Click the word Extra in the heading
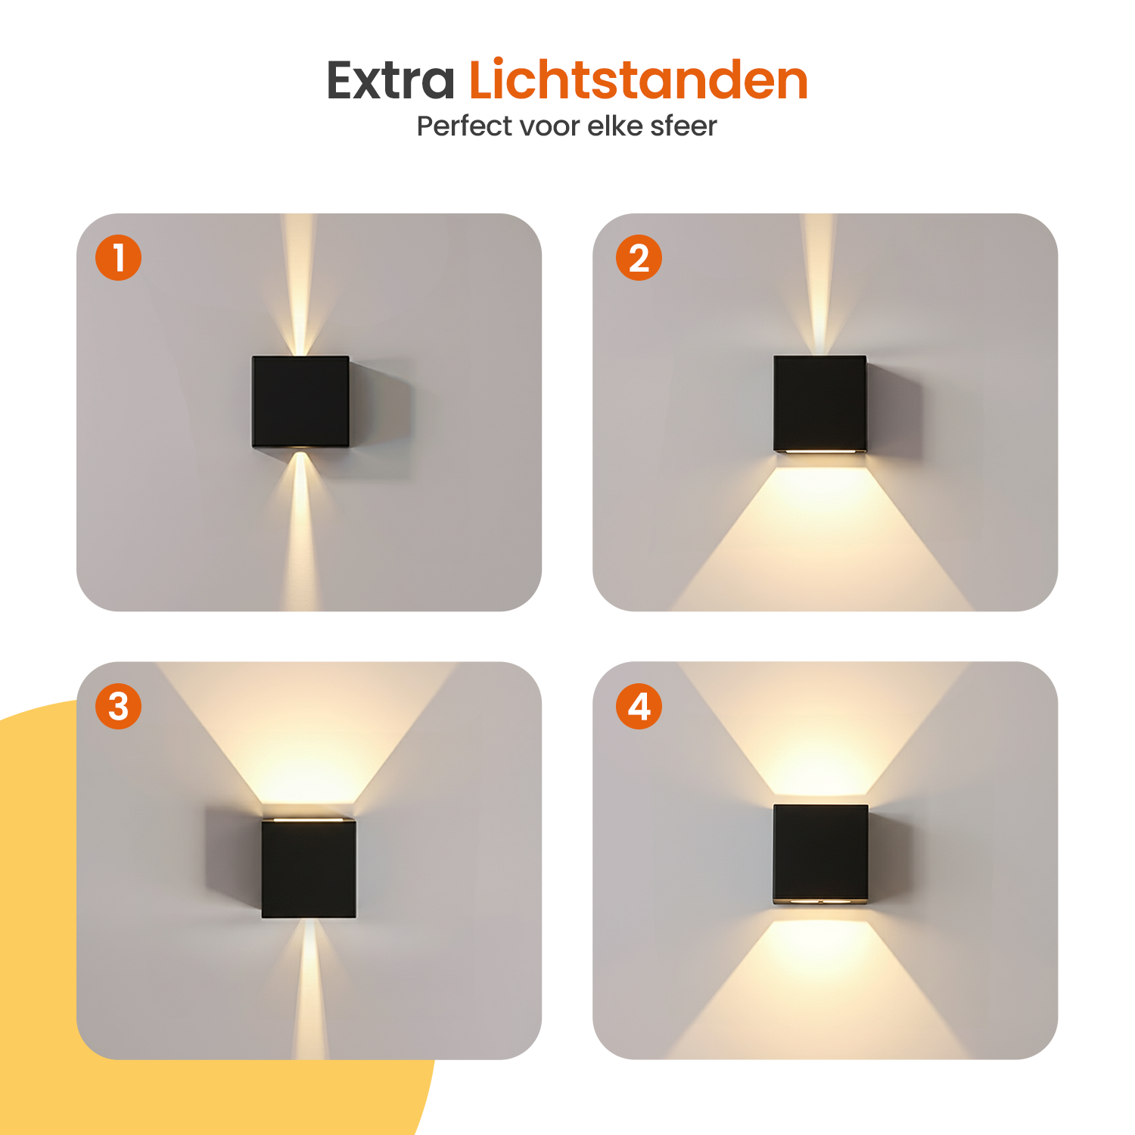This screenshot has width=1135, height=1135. (390, 80)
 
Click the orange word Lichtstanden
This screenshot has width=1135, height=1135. (639, 79)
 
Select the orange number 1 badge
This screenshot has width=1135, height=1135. (118, 257)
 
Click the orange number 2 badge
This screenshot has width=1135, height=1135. (639, 257)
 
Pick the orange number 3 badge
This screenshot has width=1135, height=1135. (118, 707)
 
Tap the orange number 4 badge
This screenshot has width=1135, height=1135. (639, 707)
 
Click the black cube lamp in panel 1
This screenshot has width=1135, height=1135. (300, 402)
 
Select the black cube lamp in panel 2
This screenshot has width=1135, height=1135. (820, 404)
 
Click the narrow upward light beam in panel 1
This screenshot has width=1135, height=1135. (300, 288)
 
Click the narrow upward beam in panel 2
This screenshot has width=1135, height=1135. (819, 285)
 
